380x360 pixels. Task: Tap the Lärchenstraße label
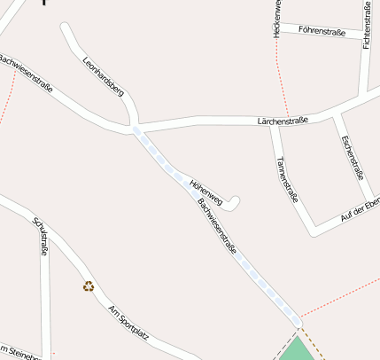point(282,119)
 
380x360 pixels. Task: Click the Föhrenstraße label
point(322,31)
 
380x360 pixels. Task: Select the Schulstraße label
point(40,238)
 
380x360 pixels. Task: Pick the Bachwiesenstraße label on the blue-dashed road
point(218,228)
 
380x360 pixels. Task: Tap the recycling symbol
point(89,286)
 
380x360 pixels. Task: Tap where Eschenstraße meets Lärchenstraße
point(337,113)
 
